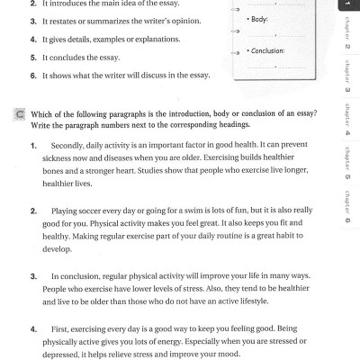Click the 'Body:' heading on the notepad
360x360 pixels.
click(261, 18)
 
